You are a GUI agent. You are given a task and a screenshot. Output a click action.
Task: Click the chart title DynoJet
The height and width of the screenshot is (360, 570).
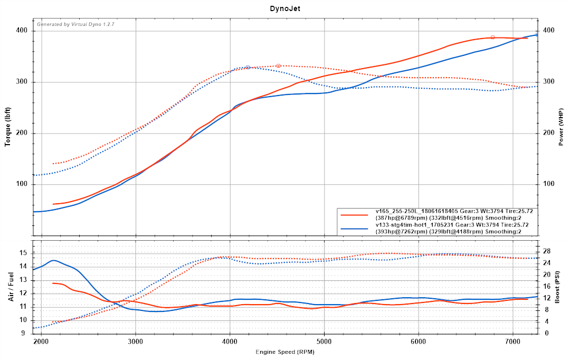pyautogui.click(x=284, y=8)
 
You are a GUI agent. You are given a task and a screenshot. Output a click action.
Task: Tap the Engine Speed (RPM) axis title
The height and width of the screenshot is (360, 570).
pyautogui.click(x=284, y=352)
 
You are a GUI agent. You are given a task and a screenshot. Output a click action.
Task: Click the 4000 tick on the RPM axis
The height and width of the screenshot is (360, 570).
pyautogui.click(x=230, y=342)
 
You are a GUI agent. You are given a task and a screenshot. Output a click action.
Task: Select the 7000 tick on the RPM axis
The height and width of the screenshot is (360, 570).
pyautogui.click(x=512, y=342)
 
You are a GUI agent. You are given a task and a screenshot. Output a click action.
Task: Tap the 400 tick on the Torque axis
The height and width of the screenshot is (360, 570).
pyautogui.click(x=22, y=31)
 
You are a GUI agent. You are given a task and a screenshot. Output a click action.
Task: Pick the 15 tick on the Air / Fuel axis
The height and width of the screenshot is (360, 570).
pyautogui.click(x=23, y=253)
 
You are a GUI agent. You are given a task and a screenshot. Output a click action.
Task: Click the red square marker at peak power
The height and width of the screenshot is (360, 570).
pyautogui.click(x=492, y=37)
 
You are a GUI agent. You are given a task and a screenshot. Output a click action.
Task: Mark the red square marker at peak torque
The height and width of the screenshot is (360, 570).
pyautogui.click(x=278, y=65)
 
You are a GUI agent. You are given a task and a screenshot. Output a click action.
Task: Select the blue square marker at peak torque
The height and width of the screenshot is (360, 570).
pyautogui.click(x=248, y=68)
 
